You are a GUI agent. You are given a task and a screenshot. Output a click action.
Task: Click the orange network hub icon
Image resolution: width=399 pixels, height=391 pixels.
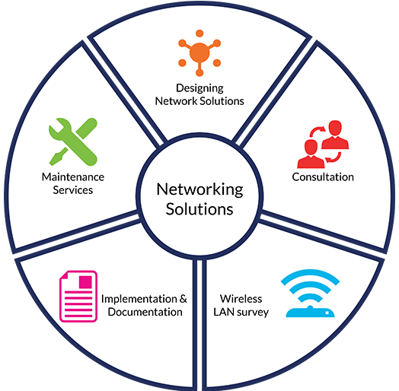click(x=199, y=53)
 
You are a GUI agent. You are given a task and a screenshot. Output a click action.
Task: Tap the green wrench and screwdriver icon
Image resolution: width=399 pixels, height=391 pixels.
click(x=74, y=141)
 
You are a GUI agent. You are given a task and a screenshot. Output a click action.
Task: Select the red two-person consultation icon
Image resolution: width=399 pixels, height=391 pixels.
click(x=323, y=144)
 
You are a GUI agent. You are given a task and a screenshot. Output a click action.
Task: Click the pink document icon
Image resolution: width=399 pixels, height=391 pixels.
click(x=78, y=296)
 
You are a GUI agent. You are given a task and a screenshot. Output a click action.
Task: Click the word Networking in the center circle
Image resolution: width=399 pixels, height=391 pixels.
click(x=199, y=189)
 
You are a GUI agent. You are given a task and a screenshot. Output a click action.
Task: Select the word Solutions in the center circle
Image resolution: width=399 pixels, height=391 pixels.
click(x=199, y=209)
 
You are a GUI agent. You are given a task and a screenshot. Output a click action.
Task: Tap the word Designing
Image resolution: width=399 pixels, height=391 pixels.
click(x=199, y=89)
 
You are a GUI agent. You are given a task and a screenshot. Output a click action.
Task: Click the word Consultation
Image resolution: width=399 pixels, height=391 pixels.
click(x=323, y=177)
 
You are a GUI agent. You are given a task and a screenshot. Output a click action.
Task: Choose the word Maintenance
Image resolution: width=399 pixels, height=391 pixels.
click(x=73, y=177)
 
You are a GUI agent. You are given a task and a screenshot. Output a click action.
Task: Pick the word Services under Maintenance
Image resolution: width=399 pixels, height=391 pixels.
click(x=73, y=190)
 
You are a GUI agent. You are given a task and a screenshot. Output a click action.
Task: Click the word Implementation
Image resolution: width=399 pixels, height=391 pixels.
click(x=139, y=299)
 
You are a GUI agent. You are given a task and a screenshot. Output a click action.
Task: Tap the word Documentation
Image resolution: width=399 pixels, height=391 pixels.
click(x=145, y=312)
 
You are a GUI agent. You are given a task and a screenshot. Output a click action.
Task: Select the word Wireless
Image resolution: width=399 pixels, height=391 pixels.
click(x=241, y=299)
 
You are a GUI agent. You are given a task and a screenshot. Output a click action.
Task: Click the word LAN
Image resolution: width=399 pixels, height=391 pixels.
click(x=224, y=312)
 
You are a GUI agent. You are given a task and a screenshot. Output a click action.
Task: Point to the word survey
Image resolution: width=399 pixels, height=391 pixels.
click(x=253, y=313)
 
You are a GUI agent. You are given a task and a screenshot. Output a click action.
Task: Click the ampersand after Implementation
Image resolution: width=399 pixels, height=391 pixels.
click(x=183, y=299)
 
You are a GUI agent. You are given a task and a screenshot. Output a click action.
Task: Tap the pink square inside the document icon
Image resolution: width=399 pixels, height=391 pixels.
click(x=85, y=282)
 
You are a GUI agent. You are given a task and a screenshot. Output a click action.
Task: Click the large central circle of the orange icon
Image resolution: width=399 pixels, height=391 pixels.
click(x=199, y=53)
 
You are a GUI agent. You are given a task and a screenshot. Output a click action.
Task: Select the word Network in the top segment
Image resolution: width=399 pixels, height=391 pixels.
click(x=176, y=101)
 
